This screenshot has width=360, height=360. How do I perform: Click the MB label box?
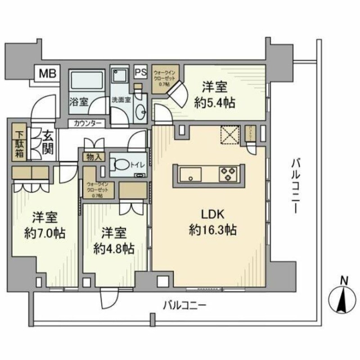click(x=47, y=73)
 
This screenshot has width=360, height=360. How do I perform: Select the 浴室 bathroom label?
click(x=79, y=102)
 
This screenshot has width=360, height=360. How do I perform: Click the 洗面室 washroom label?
click(x=121, y=100)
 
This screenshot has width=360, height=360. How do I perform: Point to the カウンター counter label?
click(x=88, y=123)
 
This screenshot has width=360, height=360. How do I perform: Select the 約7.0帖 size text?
click(x=45, y=233)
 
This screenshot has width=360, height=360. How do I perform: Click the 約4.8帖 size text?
click(x=113, y=248)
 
